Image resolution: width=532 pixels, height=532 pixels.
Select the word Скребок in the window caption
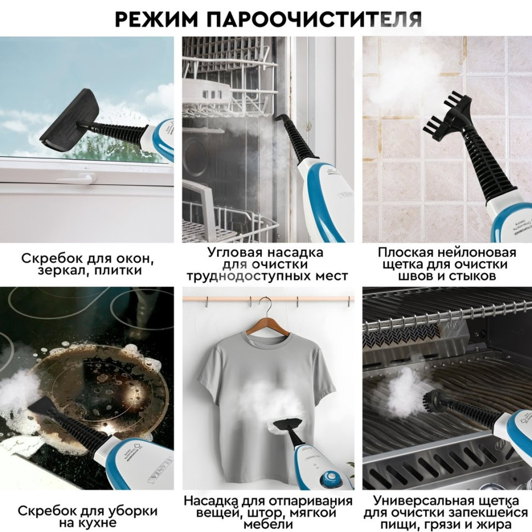tap(48, 258)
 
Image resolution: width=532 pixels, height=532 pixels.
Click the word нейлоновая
tap(475, 253)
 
